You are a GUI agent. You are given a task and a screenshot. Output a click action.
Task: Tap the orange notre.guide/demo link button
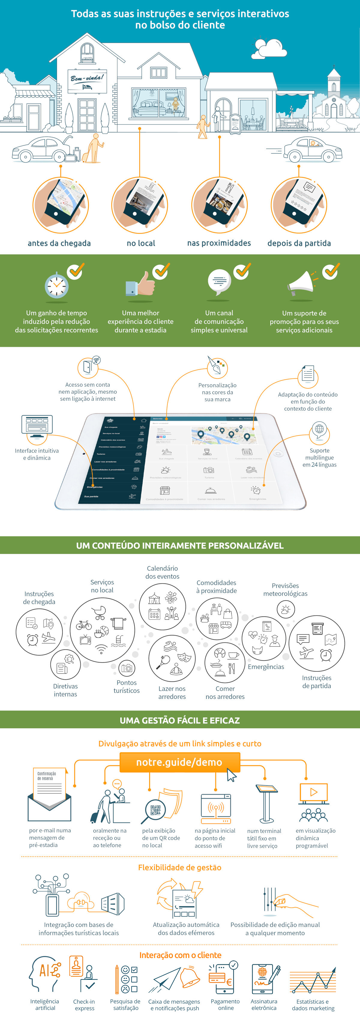click(180, 762)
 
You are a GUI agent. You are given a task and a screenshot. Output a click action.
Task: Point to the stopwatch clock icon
click(56, 285)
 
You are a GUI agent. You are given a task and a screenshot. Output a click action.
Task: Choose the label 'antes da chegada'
click(59, 243)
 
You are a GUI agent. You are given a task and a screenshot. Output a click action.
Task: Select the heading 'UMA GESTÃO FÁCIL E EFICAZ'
click(180, 720)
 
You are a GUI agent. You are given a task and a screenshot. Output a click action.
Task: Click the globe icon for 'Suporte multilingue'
click(319, 430)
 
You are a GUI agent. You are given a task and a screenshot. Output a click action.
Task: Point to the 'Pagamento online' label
click(225, 1004)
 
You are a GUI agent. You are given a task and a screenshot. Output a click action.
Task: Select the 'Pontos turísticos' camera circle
click(127, 668)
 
